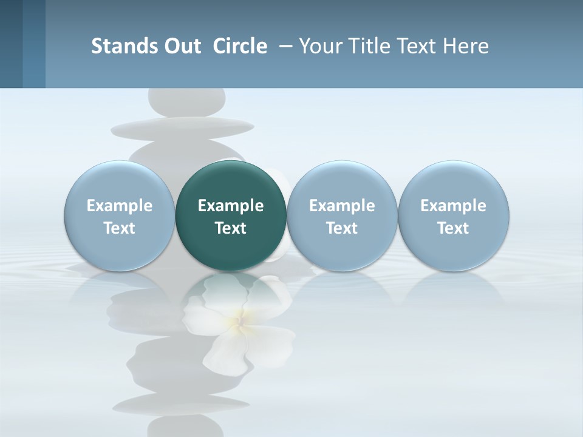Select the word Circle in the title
point(240,46)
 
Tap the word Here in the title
point(466,46)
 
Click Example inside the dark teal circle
point(231,206)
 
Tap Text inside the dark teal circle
point(231,228)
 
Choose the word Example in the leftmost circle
point(120,206)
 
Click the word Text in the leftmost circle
point(120,228)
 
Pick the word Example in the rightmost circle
point(453,206)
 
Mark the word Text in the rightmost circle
point(453,228)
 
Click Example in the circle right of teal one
point(342,206)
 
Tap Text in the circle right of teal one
point(342,228)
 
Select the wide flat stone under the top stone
point(183,127)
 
